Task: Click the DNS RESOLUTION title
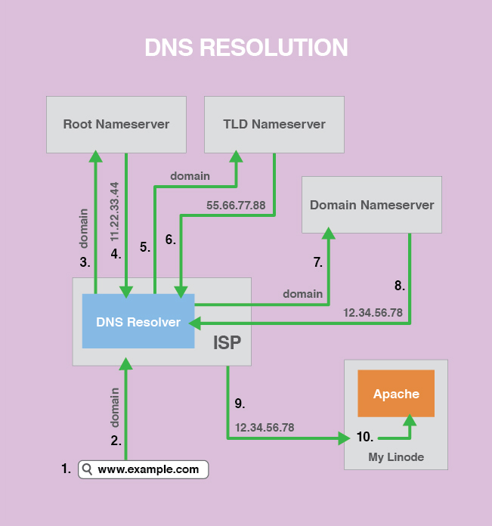pos(246,48)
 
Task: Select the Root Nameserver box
pos(116,124)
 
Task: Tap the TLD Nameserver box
pos(274,124)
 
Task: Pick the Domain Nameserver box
pos(372,205)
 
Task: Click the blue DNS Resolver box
pos(138,322)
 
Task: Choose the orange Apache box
pos(396,394)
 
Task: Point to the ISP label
pos(227,343)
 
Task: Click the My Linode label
pos(396,456)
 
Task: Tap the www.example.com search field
pos(143,469)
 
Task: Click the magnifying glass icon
pos(88,469)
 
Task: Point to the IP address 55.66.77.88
pos(236,205)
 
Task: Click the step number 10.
pos(364,437)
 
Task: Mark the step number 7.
pos(317,262)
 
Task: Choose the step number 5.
pos(144,246)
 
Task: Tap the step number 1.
pos(66,469)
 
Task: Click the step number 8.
pos(399,286)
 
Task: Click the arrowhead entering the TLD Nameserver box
pos(237,156)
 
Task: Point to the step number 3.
pos(85,262)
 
